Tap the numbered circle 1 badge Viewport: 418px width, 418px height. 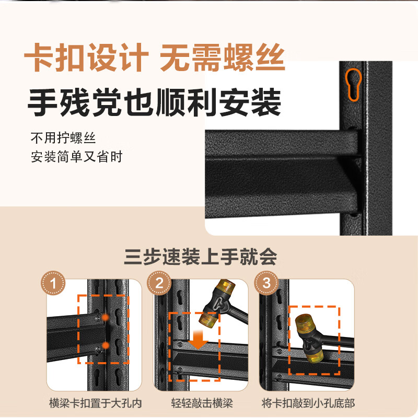[x=53, y=283]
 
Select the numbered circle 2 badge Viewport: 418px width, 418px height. [x=159, y=283]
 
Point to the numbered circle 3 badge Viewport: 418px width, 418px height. [x=266, y=283]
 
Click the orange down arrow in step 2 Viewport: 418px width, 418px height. [x=198, y=340]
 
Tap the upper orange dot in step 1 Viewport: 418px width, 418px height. [x=106, y=317]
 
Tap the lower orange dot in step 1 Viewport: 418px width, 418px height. [x=106, y=345]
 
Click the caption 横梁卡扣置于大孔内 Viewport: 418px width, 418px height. [x=95, y=403]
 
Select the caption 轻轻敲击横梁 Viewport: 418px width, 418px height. [x=202, y=403]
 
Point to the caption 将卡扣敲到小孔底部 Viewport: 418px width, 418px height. [x=308, y=403]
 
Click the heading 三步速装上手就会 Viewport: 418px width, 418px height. [x=200, y=257]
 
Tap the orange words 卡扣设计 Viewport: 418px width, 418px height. [x=86, y=57]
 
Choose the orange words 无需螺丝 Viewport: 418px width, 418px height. [x=223, y=57]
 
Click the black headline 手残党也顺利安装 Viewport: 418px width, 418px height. [x=154, y=102]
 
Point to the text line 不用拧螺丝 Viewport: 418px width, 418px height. [x=63, y=138]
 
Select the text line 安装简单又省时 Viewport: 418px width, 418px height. [x=76, y=156]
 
